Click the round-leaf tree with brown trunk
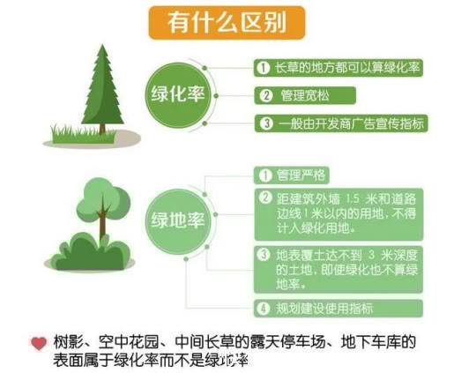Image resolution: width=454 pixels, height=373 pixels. coord(103,203)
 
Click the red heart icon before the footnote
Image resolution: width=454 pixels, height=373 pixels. coord(38,343)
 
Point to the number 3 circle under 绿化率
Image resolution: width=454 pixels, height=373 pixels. coord(264,123)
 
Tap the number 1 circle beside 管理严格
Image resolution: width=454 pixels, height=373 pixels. coord(263,174)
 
